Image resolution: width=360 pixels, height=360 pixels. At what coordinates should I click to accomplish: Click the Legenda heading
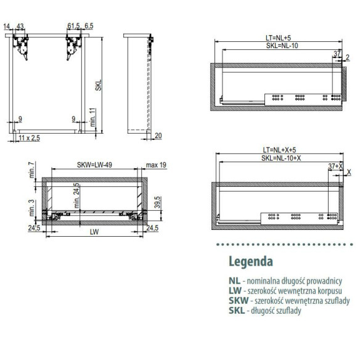pos(251,261)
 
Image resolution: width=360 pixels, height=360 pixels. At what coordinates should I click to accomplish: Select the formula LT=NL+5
pos(278,38)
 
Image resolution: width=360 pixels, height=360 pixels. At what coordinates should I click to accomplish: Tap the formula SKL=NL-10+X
pos(281,158)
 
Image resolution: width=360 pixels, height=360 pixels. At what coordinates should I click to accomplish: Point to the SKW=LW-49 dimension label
pos(94,165)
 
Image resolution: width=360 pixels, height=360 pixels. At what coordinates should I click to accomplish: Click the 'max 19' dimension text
pos(156,165)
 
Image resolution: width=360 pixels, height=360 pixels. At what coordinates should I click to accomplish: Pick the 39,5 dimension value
pos(158,202)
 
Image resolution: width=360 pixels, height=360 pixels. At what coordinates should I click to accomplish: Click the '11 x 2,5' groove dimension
pos(29,138)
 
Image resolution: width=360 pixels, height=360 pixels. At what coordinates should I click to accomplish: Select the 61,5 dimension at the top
pos(74,26)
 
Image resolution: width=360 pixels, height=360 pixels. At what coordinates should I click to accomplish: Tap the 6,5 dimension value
pos(89,26)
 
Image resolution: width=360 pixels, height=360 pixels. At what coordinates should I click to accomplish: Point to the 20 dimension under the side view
pos(158,136)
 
